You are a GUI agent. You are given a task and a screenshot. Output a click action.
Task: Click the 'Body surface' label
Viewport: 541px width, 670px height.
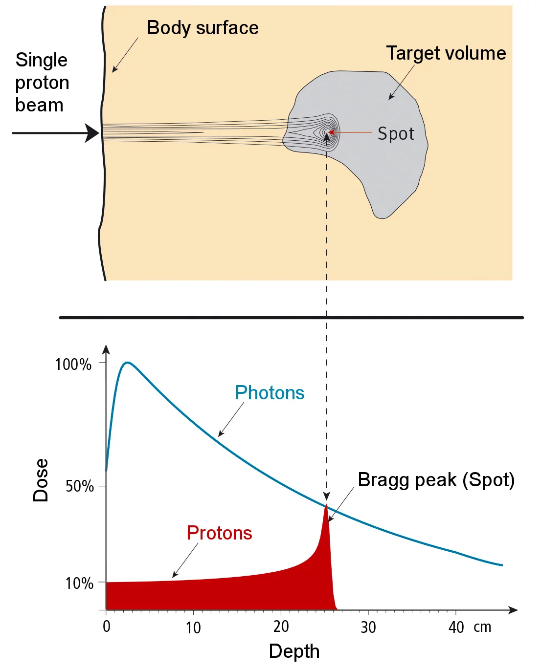point(203,28)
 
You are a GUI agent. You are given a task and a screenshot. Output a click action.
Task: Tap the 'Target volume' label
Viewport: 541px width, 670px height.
point(446,53)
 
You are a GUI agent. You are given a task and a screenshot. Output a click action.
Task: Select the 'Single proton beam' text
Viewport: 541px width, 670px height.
point(42,83)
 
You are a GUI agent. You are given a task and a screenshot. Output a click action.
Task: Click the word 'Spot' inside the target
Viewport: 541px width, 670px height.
point(396,133)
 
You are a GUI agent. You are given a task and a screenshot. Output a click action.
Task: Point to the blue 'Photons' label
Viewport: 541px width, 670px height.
point(270,393)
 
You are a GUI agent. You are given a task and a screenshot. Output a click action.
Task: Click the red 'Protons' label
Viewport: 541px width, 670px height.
point(219,533)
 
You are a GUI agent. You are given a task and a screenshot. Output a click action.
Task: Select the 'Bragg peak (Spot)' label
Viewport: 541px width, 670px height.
point(436,480)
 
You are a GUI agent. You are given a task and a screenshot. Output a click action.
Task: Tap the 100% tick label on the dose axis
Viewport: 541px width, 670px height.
point(73,365)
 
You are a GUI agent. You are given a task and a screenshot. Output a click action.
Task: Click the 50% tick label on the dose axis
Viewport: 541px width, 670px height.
point(79,486)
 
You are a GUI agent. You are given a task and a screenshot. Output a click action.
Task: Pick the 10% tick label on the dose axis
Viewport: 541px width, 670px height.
point(79,583)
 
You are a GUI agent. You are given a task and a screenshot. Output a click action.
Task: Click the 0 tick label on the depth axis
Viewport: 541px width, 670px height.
point(107,627)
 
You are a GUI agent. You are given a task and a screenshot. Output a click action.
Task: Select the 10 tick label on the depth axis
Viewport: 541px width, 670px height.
point(193,627)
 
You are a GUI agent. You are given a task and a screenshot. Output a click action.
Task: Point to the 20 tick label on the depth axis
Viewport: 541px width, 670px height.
point(281,627)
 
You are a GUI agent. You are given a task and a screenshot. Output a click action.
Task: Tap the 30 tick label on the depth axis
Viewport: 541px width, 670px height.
point(368,627)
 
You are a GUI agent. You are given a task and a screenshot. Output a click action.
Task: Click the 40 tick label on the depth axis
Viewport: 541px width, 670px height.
point(456,627)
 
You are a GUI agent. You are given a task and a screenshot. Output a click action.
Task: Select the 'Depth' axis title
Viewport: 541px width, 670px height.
point(294,651)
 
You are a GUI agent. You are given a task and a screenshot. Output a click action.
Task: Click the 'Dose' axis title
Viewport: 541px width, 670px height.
point(41,480)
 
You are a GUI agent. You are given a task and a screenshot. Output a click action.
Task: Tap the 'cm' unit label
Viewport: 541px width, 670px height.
point(482,627)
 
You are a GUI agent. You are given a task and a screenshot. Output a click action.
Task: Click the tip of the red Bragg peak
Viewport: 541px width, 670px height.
point(326,505)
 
